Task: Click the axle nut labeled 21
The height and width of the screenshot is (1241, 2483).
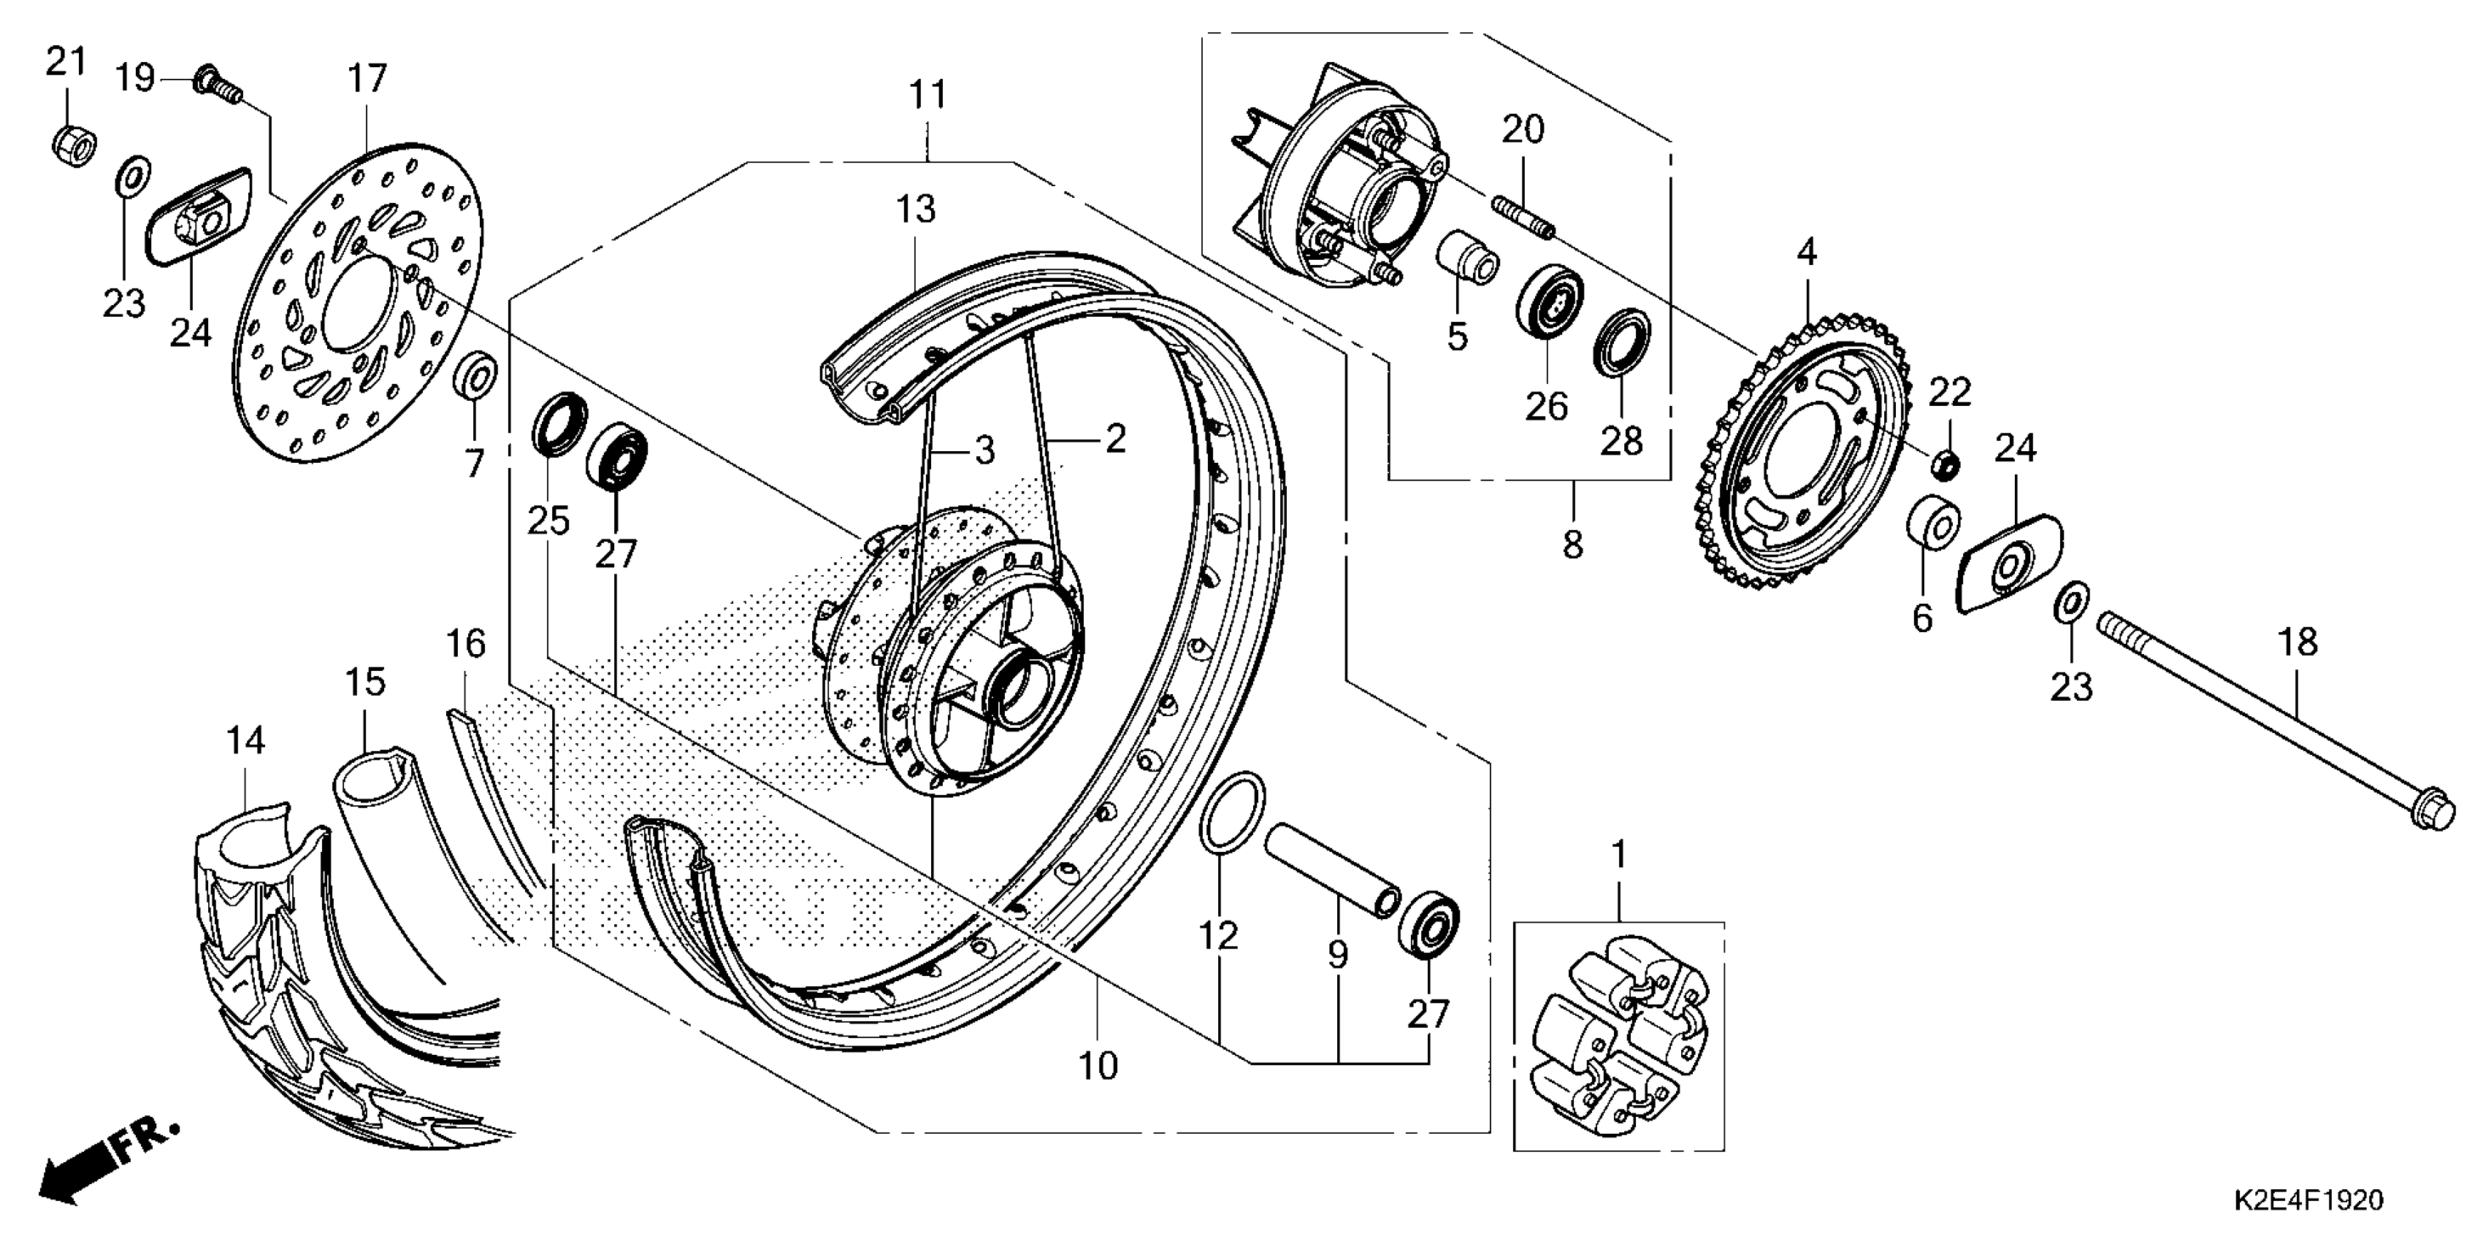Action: pyautogui.click(x=72, y=145)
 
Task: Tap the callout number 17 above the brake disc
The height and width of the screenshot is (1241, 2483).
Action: pyautogui.click(x=367, y=79)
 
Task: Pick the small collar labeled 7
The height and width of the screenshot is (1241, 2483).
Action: pyautogui.click(x=475, y=376)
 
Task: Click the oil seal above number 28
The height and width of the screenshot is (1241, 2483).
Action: pyautogui.click(x=1621, y=340)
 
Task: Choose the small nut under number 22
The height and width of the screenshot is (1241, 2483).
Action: pyautogui.click(x=1946, y=464)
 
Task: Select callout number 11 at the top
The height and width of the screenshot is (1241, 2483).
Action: pyautogui.click(x=928, y=96)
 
